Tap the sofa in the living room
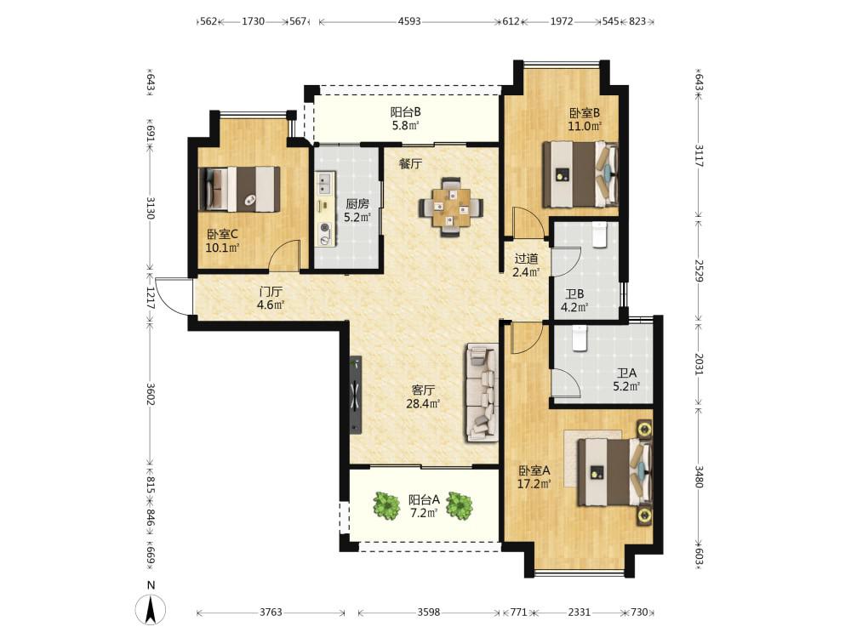(482, 392)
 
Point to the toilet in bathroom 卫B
(600, 235)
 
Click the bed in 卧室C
(239, 189)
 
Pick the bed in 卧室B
(580, 174)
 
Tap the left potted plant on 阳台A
(386, 505)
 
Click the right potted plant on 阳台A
(460, 505)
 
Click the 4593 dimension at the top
(409, 22)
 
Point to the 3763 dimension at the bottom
(271, 612)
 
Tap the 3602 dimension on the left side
(151, 394)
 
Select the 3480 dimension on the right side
(699, 477)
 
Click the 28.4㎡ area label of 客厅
(423, 403)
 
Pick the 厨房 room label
(357, 204)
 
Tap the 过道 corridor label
(526, 259)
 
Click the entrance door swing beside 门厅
(172, 296)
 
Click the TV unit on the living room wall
(356, 395)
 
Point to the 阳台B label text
(405, 113)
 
